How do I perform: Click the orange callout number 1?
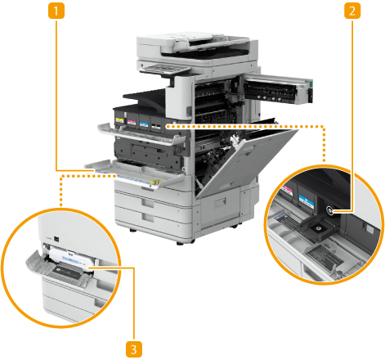(x=56, y=11)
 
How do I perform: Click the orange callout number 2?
(x=352, y=11)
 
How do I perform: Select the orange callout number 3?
(x=134, y=349)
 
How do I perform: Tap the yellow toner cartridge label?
(x=119, y=120)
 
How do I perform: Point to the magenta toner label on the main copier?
(x=132, y=122)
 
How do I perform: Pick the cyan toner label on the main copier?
(x=144, y=124)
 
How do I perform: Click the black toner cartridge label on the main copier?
(x=156, y=126)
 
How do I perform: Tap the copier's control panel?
(x=164, y=70)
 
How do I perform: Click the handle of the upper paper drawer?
(x=147, y=202)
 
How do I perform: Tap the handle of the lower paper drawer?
(x=148, y=218)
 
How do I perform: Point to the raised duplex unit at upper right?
(x=278, y=89)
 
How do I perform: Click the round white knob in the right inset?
(x=329, y=210)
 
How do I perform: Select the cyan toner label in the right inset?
(x=307, y=201)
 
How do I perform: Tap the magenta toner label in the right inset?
(x=288, y=191)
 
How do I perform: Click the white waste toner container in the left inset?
(x=71, y=258)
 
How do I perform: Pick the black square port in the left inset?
(x=56, y=239)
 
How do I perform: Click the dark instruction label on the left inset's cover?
(x=67, y=272)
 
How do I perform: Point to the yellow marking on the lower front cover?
(x=155, y=182)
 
